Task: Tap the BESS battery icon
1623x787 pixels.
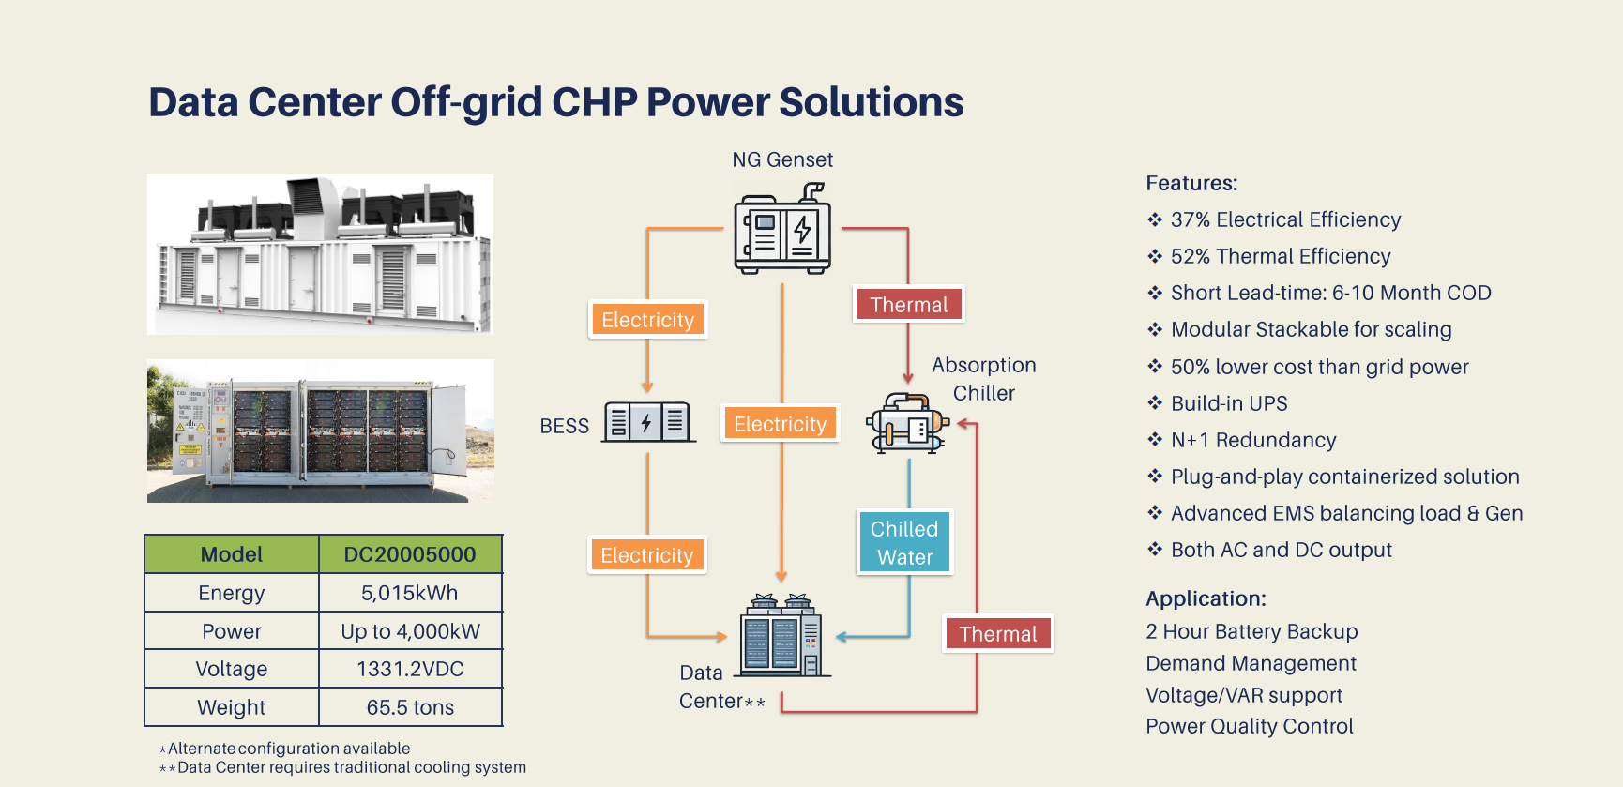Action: point(647,422)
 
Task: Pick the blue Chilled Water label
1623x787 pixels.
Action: point(904,542)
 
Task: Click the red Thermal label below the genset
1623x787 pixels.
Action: point(908,305)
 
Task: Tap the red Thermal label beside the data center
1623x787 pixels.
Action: point(997,634)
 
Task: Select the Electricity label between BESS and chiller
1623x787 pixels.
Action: point(780,424)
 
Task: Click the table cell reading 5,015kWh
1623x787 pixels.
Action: point(410,593)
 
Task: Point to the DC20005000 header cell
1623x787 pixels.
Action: point(410,554)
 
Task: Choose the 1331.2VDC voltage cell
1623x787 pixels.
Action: point(410,669)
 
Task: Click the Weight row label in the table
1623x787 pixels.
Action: point(232,707)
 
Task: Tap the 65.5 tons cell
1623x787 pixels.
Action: point(410,707)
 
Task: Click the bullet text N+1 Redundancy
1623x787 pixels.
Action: point(1253,440)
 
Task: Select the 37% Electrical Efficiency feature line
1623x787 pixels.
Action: point(1285,219)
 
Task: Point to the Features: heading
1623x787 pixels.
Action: point(1191,183)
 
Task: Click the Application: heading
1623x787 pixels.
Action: point(1206,598)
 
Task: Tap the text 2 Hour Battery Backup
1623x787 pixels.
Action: point(1251,631)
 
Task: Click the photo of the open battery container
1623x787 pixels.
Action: point(321,431)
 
